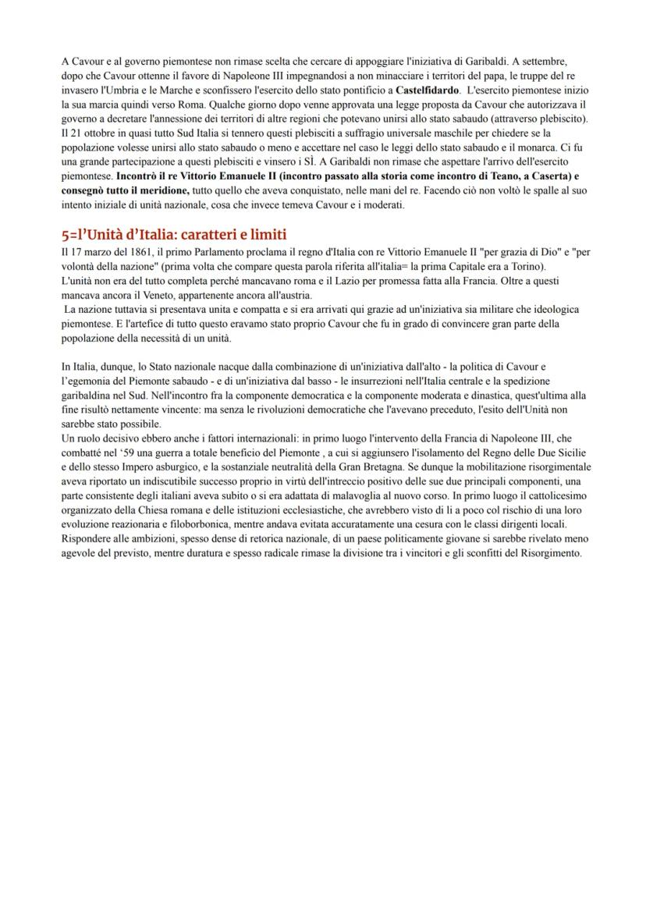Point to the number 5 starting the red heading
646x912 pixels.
pos(65,235)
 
